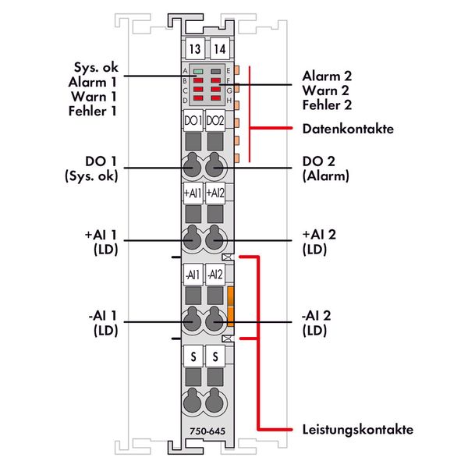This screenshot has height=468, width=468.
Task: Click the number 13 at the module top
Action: (x=193, y=48)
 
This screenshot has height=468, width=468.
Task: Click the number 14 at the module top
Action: (x=218, y=48)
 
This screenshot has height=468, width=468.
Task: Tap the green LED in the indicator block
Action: (x=198, y=72)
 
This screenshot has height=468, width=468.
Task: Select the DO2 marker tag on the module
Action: (x=216, y=121)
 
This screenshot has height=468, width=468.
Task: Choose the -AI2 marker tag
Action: (x=216, y=275)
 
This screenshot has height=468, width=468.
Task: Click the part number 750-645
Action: (x=205, y=431)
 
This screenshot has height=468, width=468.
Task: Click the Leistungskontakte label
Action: (x=356, y=430)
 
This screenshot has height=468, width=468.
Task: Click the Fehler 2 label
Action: (x=326, y=105)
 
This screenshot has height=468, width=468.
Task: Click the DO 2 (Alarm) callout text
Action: (x=325, y=168)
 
